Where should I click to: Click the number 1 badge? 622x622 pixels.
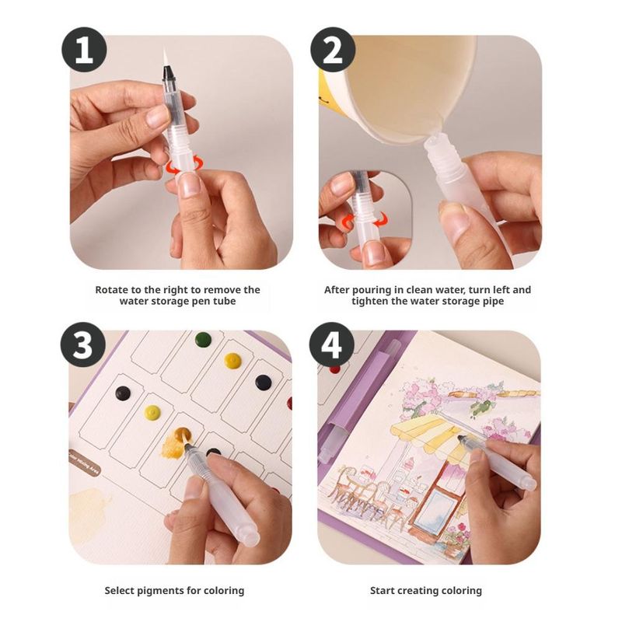84,50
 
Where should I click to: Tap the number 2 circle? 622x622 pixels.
333,50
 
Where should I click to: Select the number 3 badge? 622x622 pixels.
83,344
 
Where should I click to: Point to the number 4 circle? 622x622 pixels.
332,344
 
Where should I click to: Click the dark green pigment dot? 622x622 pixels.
203,339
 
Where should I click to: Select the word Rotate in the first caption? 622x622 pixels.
111,289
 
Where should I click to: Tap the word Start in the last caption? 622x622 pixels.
383,591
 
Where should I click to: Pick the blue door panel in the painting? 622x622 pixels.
439,507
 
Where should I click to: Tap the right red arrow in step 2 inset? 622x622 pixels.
381,218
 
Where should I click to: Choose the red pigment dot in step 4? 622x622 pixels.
335,370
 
